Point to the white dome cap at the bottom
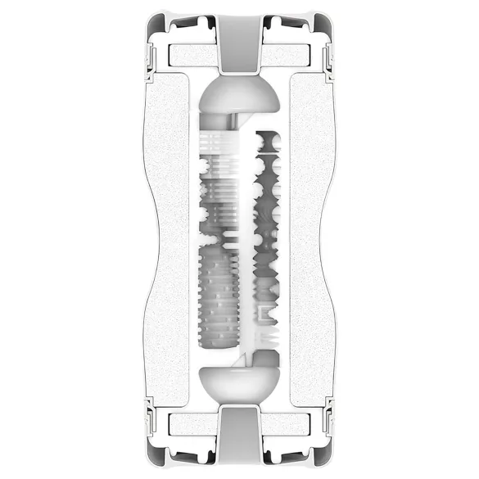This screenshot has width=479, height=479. click(x=239, y=385)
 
